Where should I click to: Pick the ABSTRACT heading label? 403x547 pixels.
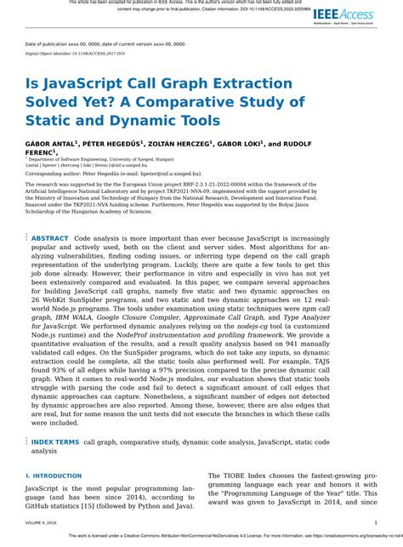click(50, 240)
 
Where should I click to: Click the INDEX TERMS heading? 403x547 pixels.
click(55, 442)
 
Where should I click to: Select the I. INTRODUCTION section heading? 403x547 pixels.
click(54, 476)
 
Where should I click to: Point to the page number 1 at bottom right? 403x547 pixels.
click(376, 524)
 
